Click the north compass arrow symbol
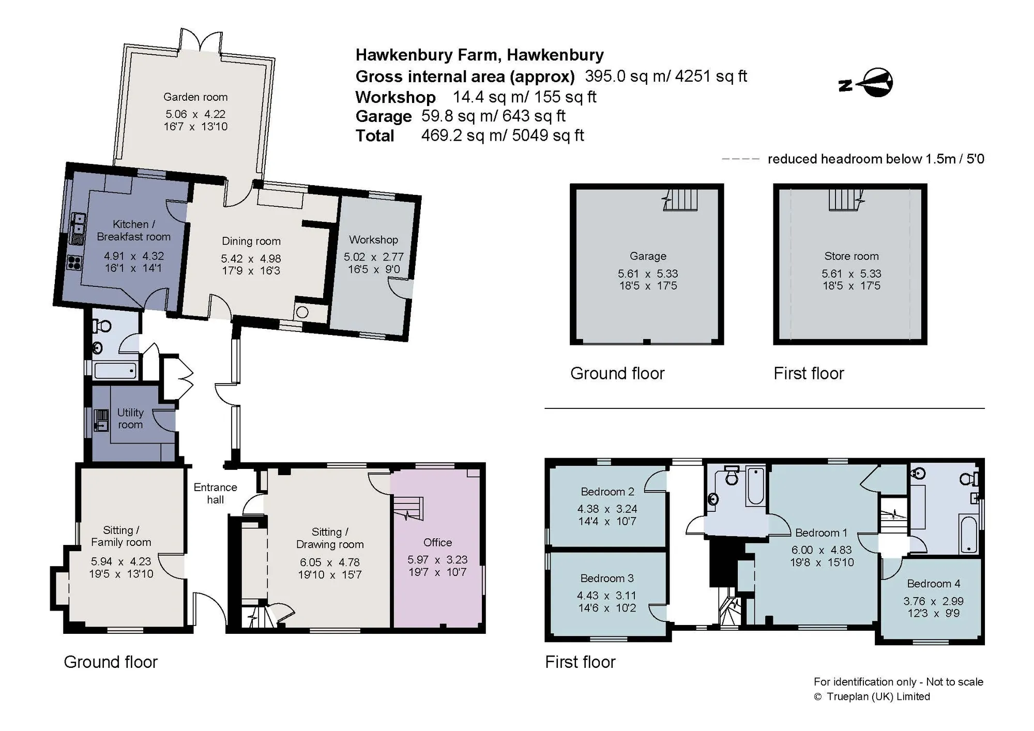[x=866, y=83]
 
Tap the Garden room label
[x=195, y=97]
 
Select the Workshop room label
[x=373, y=240]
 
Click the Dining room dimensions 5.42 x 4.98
[x=251, y=258]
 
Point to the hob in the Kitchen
[x=74, y=263]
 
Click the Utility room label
[x=130, y=418]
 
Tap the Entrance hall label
[x=215, y=493]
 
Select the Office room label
[x=437, y=542]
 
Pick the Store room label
[x=851, y=256]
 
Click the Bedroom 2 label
[x=607, y=492]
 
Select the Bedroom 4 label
[x=934, y=584]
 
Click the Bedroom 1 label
[x=822, y=533]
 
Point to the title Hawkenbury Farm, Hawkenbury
[x=479, y=55]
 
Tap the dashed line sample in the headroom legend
[x=740, y=159]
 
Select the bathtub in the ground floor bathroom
[x=115, y=371]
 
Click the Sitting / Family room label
[x=121, y=536]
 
